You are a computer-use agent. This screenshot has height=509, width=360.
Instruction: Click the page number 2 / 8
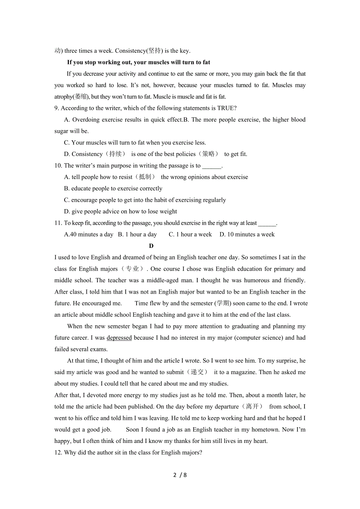coord(180,475)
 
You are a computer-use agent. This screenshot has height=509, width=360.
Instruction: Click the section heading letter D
coord(151,246)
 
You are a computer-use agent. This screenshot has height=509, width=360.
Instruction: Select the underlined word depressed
coord(119,338)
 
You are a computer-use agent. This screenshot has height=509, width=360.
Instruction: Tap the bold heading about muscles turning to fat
coord(139,62)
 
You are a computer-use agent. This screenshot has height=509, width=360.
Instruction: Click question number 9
coord(57,108)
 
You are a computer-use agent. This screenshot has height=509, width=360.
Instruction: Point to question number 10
coord(58,166)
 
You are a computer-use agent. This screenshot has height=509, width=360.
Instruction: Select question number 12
coord(58,453)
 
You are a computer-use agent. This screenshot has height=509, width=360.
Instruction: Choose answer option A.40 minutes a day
coord(88,235)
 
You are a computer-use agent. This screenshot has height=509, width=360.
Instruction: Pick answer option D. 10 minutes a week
coord(247,235)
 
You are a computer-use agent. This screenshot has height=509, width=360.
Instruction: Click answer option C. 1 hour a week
coord(190,235)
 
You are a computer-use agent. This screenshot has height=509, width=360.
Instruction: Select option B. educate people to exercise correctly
coord(113,188)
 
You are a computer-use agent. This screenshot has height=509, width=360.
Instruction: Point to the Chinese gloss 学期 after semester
coord(223,303)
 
